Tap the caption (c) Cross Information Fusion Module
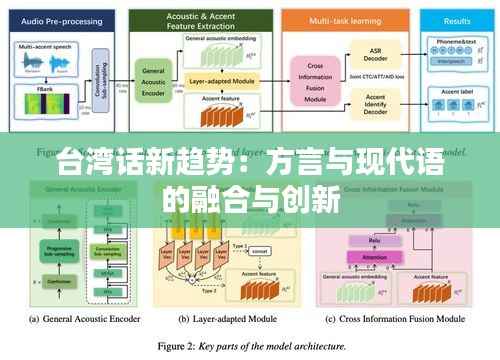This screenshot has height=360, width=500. click(394, 319)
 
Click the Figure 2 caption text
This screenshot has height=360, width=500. click(249, 346)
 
